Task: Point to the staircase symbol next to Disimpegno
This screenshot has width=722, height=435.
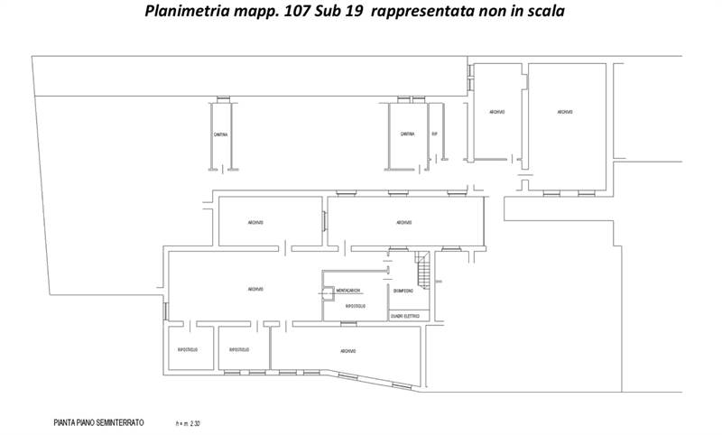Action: [x=421, y=268]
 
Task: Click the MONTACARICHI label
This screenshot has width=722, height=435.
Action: [x=348, y=290]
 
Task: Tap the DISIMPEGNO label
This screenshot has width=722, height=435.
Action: [x=403, y=291]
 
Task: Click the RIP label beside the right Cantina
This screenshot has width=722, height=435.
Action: [x=434, y=134]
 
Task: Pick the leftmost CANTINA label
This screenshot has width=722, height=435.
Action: [x=220, y=134]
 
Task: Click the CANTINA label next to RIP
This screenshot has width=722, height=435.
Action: [x=407, y=134]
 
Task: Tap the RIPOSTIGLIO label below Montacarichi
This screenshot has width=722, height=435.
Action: [x=355, y=307]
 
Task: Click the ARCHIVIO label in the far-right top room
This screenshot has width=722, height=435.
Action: [x=564, y=111]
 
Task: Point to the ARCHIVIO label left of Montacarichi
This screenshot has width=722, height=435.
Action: [x=255, y=289]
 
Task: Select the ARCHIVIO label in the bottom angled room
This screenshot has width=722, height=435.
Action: [x=348, y=351]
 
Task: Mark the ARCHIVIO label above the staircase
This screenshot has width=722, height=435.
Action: [x=403, y=223]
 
